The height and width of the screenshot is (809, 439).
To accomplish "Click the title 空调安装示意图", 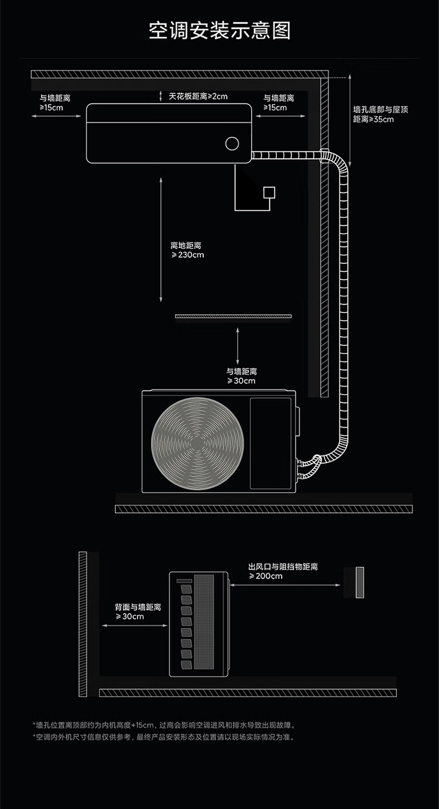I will point(220,30).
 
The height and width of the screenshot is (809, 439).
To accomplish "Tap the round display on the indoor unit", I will point(232,143).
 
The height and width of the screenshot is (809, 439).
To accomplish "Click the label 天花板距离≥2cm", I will point(198,96).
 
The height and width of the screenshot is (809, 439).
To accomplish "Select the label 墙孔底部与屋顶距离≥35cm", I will point(373,114).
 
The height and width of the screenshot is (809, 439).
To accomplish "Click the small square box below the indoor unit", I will point(269,192).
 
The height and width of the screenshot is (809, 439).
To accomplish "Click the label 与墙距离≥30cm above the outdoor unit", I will point(241,376).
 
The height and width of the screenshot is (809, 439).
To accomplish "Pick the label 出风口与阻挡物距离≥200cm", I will point(283,571).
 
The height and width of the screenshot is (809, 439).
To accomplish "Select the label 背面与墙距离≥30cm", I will point(138,611).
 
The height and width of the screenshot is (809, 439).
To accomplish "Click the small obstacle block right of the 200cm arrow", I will point(359,582).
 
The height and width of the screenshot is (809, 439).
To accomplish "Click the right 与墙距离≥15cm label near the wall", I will point(279,103).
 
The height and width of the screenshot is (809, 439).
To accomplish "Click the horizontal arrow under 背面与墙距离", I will point(135,626).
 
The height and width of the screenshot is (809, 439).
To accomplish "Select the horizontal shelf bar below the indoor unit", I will point(234,317).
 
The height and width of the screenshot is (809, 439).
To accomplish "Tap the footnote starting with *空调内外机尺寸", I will point(164,737).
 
